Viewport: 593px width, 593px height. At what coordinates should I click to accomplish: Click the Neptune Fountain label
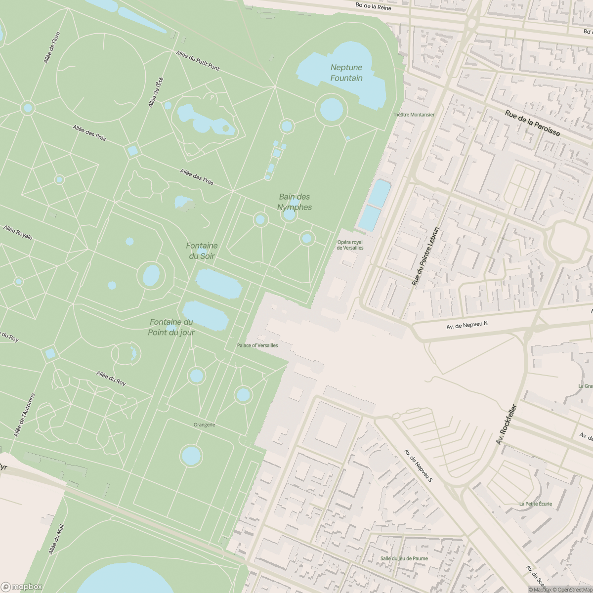coord(346,73)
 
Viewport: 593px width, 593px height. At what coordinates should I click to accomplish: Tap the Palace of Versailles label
coord(257,345)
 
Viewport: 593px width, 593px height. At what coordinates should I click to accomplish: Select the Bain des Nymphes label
coord(295,202)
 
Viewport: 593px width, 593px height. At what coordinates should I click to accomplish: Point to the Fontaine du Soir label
coord(202,251)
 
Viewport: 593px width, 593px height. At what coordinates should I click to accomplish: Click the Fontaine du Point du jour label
coord(171,327)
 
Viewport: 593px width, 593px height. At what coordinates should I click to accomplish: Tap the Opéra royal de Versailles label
coord(350,245)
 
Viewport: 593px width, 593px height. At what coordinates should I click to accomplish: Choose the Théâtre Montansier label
coord(413,115)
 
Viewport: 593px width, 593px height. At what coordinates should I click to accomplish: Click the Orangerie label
coord(204,424)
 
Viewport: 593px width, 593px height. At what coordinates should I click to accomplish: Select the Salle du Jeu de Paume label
coord(404,558)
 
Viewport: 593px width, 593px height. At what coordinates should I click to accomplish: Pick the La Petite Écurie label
coord(535,504)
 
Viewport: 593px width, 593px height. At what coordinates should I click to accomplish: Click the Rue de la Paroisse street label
coord(532,124)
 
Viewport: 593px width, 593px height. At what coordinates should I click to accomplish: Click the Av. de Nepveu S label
coord(418,466)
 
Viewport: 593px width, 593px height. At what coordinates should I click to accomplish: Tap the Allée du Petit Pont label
coord(198,60)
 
